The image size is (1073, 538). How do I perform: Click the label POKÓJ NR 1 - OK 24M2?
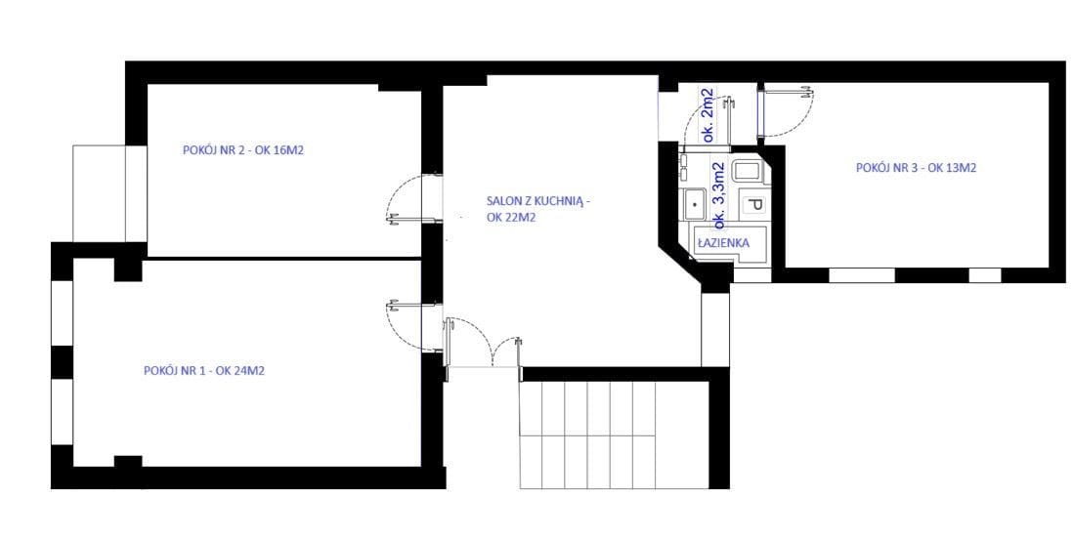click(x=204, y=371)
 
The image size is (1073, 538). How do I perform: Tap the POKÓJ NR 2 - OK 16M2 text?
click(x=243, y=150)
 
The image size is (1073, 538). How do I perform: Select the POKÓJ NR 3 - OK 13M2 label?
click(x=917, y=168)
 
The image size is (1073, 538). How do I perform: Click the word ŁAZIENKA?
click(x=722, y=243)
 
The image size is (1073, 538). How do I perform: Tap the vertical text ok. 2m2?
click(x=708, y=115)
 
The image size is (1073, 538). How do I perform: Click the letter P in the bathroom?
click(x=754, y=205)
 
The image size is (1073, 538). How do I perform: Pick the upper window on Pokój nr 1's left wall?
click(x=62, y=313)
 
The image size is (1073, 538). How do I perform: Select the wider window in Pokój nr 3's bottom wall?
click(x=862, y=274)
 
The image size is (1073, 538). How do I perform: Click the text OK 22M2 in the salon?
click(x=510, y=218)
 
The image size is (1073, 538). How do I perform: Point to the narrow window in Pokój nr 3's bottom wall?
click(x=985, y=274)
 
